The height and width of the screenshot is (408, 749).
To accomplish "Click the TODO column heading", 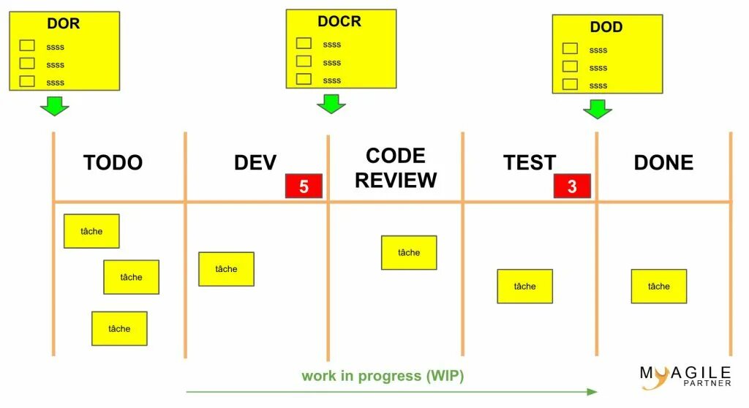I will (113, 162).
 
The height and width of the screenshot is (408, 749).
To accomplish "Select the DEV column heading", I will (255, 162).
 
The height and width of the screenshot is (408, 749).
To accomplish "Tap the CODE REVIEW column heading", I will (396, 167).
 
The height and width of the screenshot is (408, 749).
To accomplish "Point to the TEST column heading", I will (530, 162).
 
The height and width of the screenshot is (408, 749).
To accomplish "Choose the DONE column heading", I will (663, 162).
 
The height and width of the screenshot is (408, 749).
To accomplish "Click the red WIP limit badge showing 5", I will (304, 186).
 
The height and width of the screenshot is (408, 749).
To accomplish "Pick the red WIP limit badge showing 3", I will (572, 186).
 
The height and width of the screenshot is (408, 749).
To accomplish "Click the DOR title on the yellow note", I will (64, 23).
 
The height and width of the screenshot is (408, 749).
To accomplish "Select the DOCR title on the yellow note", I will (339, 21).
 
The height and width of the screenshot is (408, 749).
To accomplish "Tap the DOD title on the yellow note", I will (606, 27).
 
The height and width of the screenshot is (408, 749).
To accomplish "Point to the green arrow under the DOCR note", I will (331, 103).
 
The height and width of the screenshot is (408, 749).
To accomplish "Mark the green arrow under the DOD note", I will (598, 109).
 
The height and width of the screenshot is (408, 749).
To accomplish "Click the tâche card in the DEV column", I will (226, 269).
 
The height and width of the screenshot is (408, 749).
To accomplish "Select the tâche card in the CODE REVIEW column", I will (409, 252).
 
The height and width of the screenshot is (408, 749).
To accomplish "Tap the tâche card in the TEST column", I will (524, 286).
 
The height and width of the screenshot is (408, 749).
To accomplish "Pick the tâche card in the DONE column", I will (658, 286).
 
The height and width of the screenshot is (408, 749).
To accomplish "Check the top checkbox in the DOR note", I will (27, 46).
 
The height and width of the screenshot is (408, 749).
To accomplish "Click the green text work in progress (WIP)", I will (383, 376).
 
